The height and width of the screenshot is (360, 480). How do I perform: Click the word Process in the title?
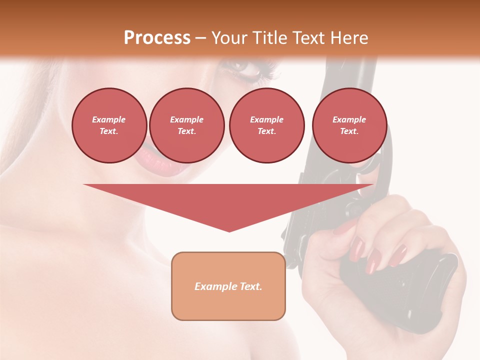click(x=157, y=38)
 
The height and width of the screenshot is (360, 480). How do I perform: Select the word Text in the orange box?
click(x=249, y=286)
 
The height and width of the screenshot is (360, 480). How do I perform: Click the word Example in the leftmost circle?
click(x=109, y=119)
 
